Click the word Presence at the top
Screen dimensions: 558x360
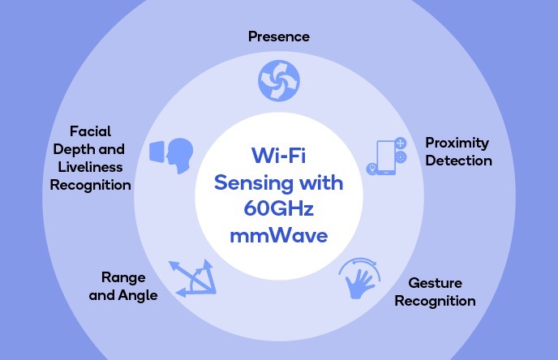click(x=279, y=36)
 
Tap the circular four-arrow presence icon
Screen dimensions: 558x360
click(x=279, y=81)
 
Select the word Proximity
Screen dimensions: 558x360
click(x=457, y=144)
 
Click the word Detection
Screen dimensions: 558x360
click(x=459, y=161)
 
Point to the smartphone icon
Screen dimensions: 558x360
click(x=386, y=157)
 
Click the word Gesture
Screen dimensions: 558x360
click(x=436, y=283)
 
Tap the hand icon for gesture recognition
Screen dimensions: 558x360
click(x=360, y=279)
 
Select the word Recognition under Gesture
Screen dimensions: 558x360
click(x=436, y=302)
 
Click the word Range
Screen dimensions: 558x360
click(x=123, y=278)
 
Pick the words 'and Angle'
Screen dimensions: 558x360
click(x=123, y=295)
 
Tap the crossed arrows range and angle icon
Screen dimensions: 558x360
click(x=193, y=279)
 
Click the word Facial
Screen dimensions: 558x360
click(x=90, y=131)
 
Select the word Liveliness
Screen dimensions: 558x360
click(x=90, y=167)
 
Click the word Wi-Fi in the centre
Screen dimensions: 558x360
click(x=279, y=156)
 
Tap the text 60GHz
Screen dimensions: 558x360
click(x=279, y=208)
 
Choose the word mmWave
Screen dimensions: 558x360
click(x=279, y=235)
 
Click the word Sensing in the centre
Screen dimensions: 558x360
click(x=253, y=183)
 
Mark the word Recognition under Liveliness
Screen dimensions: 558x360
click(x=90, y=186)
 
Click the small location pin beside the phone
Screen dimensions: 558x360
click(x=372, y=169)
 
